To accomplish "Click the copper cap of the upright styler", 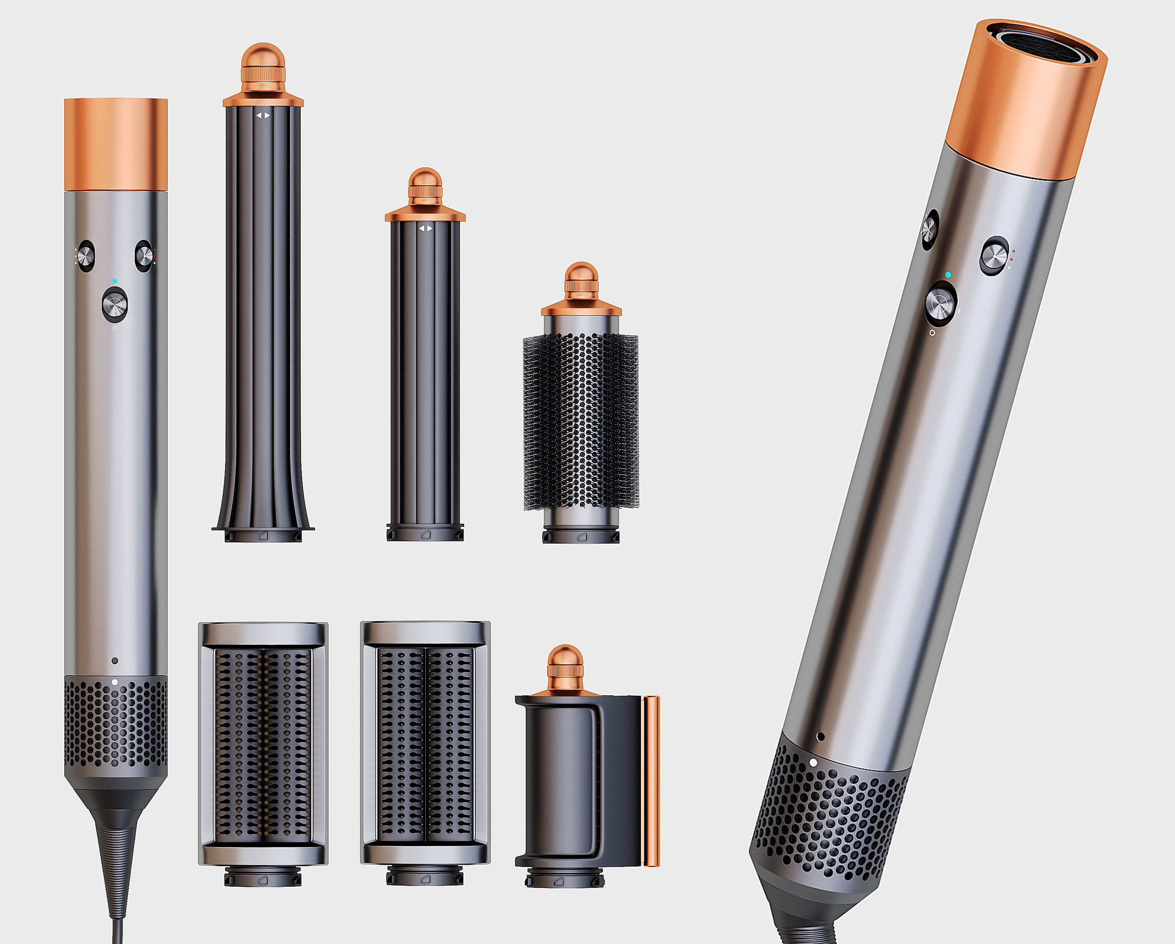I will pos(116,145).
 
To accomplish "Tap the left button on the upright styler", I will pos(85,255).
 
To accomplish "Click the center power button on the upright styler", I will pos(115,304).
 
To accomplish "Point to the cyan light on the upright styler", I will pos(115,281).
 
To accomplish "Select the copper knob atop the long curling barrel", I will pos(263,68).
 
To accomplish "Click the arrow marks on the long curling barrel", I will pos(263,116).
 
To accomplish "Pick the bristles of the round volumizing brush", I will pos(580,422).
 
